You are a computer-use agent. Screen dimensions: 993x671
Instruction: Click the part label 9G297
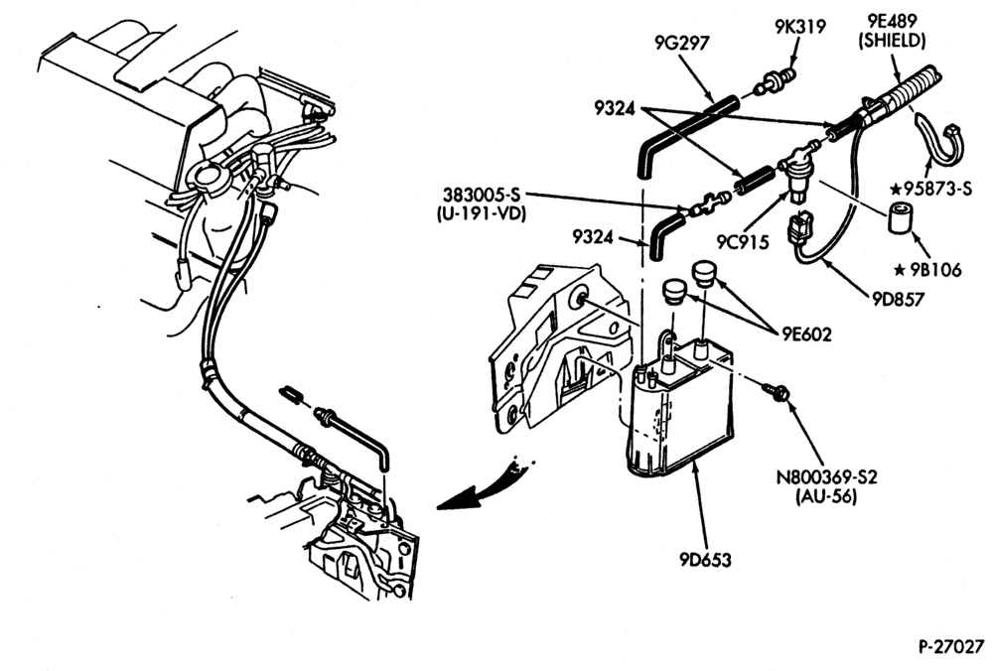(681, 43)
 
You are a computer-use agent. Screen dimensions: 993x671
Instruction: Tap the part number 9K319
(799, 27)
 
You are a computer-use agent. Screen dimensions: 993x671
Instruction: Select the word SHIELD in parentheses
(892, 41)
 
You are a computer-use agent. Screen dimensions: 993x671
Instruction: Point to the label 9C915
(743, 242)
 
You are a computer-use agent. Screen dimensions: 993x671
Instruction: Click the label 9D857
(899, 299)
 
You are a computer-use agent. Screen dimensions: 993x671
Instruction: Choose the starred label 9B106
(927, 270)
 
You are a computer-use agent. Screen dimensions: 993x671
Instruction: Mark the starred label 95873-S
(930, 188)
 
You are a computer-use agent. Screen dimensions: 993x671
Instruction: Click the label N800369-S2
(826, 476)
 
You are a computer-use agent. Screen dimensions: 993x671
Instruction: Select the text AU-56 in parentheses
(826, 496)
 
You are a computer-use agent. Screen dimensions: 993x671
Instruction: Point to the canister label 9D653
(705, 560)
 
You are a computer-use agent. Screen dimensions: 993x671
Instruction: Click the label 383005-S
(481, 194)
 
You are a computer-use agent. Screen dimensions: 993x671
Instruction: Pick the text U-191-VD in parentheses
(482, 214)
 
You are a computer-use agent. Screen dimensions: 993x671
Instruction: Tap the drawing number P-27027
(951, 647)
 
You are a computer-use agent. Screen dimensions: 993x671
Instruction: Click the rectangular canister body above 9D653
(681, 412)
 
